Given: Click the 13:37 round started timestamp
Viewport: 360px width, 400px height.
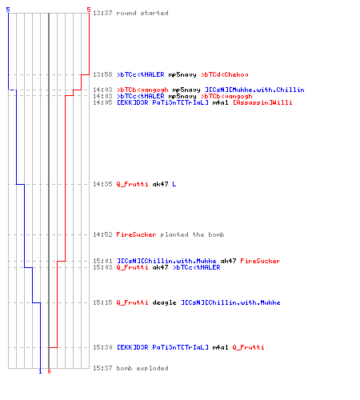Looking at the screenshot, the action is click(x=102, y=13).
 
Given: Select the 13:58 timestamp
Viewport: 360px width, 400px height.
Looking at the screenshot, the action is click(x=102, y=74).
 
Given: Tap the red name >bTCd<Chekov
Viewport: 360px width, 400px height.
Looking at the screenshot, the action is click(x=225, y=74).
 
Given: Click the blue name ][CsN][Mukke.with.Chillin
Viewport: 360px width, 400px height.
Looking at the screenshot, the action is click(x=254, y=90).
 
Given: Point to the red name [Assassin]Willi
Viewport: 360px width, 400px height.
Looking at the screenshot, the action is click(x=262, y=102).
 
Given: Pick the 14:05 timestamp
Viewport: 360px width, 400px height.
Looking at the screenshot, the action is click(x=102, y=102).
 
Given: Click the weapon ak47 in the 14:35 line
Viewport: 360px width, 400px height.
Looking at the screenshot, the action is click(x=160, y=184).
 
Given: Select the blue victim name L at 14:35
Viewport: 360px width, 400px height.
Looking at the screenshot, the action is click(x=174, y=184).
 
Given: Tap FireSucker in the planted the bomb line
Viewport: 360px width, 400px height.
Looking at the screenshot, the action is click(x=136, y=234).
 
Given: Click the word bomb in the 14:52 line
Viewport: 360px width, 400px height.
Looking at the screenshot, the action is click(x=216, y=234).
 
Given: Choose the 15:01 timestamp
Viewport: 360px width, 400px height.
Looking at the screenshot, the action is click(x=102, y=261).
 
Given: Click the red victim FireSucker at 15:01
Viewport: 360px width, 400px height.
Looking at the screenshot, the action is click(x=260, y=261).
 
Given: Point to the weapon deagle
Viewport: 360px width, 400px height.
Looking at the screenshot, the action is click(x=164, y=302).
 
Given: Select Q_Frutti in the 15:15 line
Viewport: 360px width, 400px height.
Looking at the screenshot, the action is click(x=132, y=302).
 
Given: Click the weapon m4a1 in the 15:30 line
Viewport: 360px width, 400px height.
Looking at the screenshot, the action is click(x=220, y=347).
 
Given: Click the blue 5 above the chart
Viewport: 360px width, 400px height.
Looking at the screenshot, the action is click(x=8, y=10).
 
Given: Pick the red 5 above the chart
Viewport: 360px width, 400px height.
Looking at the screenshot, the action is click(x=89, y=10).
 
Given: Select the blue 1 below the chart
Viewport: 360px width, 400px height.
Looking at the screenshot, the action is click(x=40, y=371).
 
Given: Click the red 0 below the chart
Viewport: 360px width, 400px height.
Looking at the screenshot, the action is click(x=49, y=371).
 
